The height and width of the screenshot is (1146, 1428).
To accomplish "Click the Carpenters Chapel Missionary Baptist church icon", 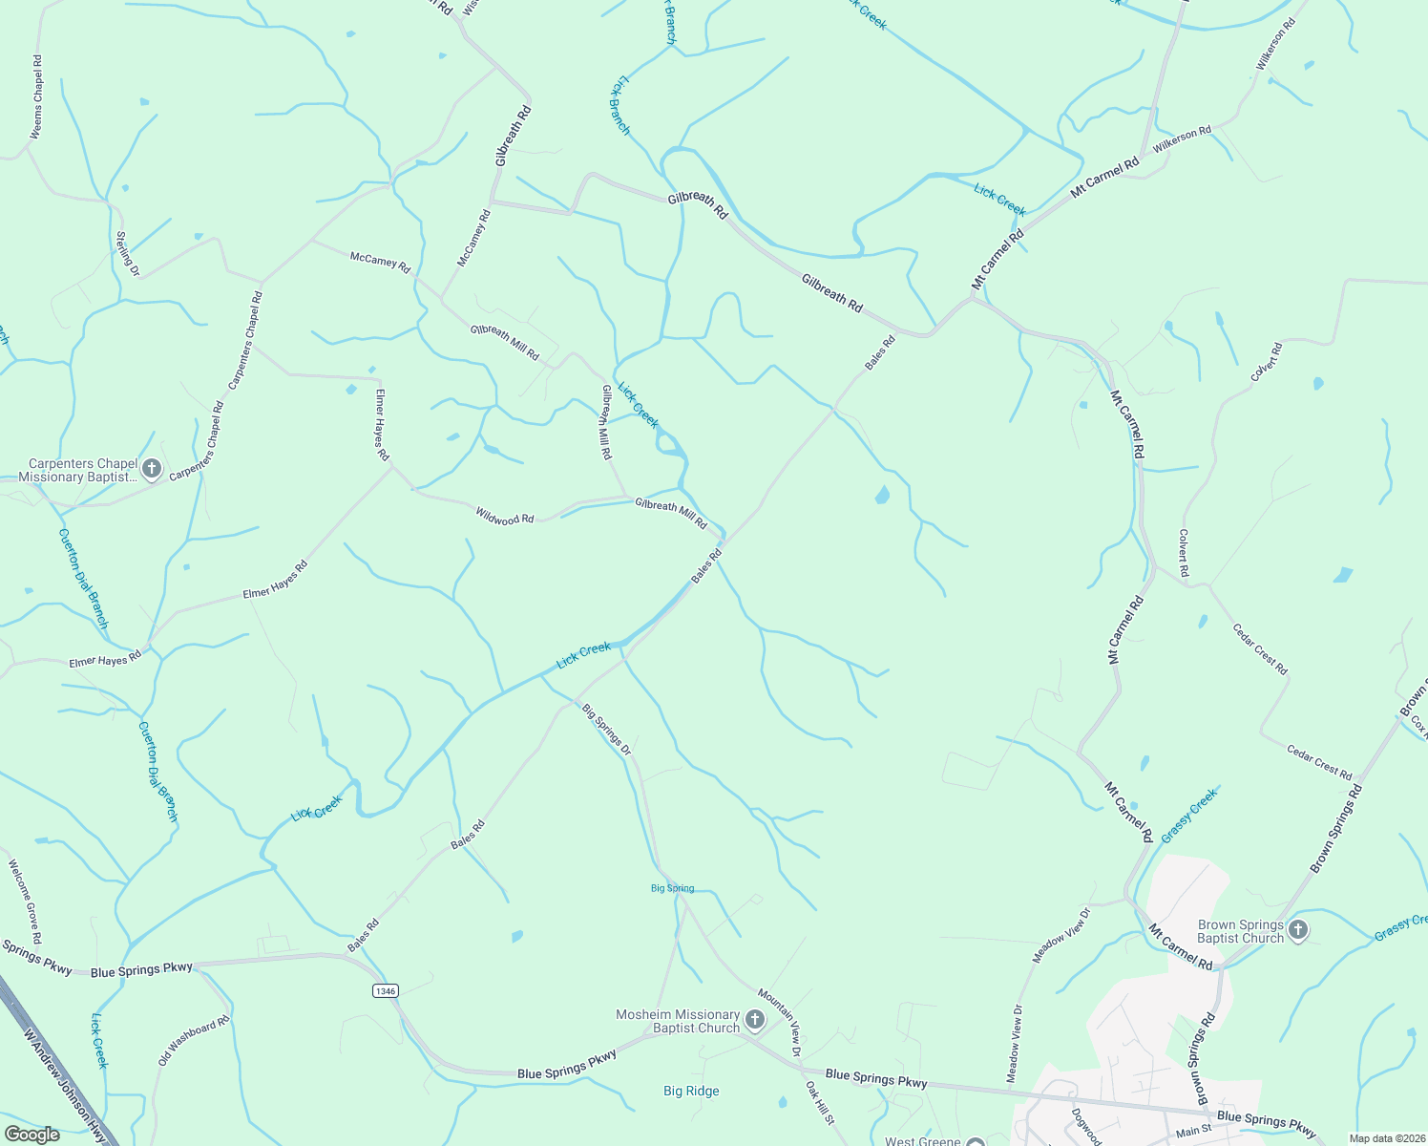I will [x=152, y=468].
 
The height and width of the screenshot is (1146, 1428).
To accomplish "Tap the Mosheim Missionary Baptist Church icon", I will [x=755, y=1021].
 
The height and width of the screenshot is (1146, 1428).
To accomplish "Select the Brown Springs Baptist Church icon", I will [x=1297, y=930].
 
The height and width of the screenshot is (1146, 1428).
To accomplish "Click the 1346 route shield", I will [x=385, y=991].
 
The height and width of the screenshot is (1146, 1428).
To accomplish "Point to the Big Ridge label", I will [x=691, y=1091].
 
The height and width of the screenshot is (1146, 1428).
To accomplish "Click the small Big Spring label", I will [x=672, y=888].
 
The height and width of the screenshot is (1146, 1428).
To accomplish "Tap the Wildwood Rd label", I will [x=505, y=517].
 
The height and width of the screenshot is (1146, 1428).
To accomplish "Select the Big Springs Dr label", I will [x=607, y=731].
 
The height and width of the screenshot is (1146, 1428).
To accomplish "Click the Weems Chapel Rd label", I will [x=37, y=97].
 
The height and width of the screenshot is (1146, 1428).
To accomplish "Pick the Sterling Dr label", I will [x=128, y=254].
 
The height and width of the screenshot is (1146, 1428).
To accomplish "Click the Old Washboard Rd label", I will [x=194, y=1040].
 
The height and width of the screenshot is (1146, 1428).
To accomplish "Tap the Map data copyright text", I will [x=1387, y=1138].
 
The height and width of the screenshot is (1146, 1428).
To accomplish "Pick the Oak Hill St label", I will [x=819, y=1102].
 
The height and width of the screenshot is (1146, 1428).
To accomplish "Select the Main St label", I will [x=1193, y=1131].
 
